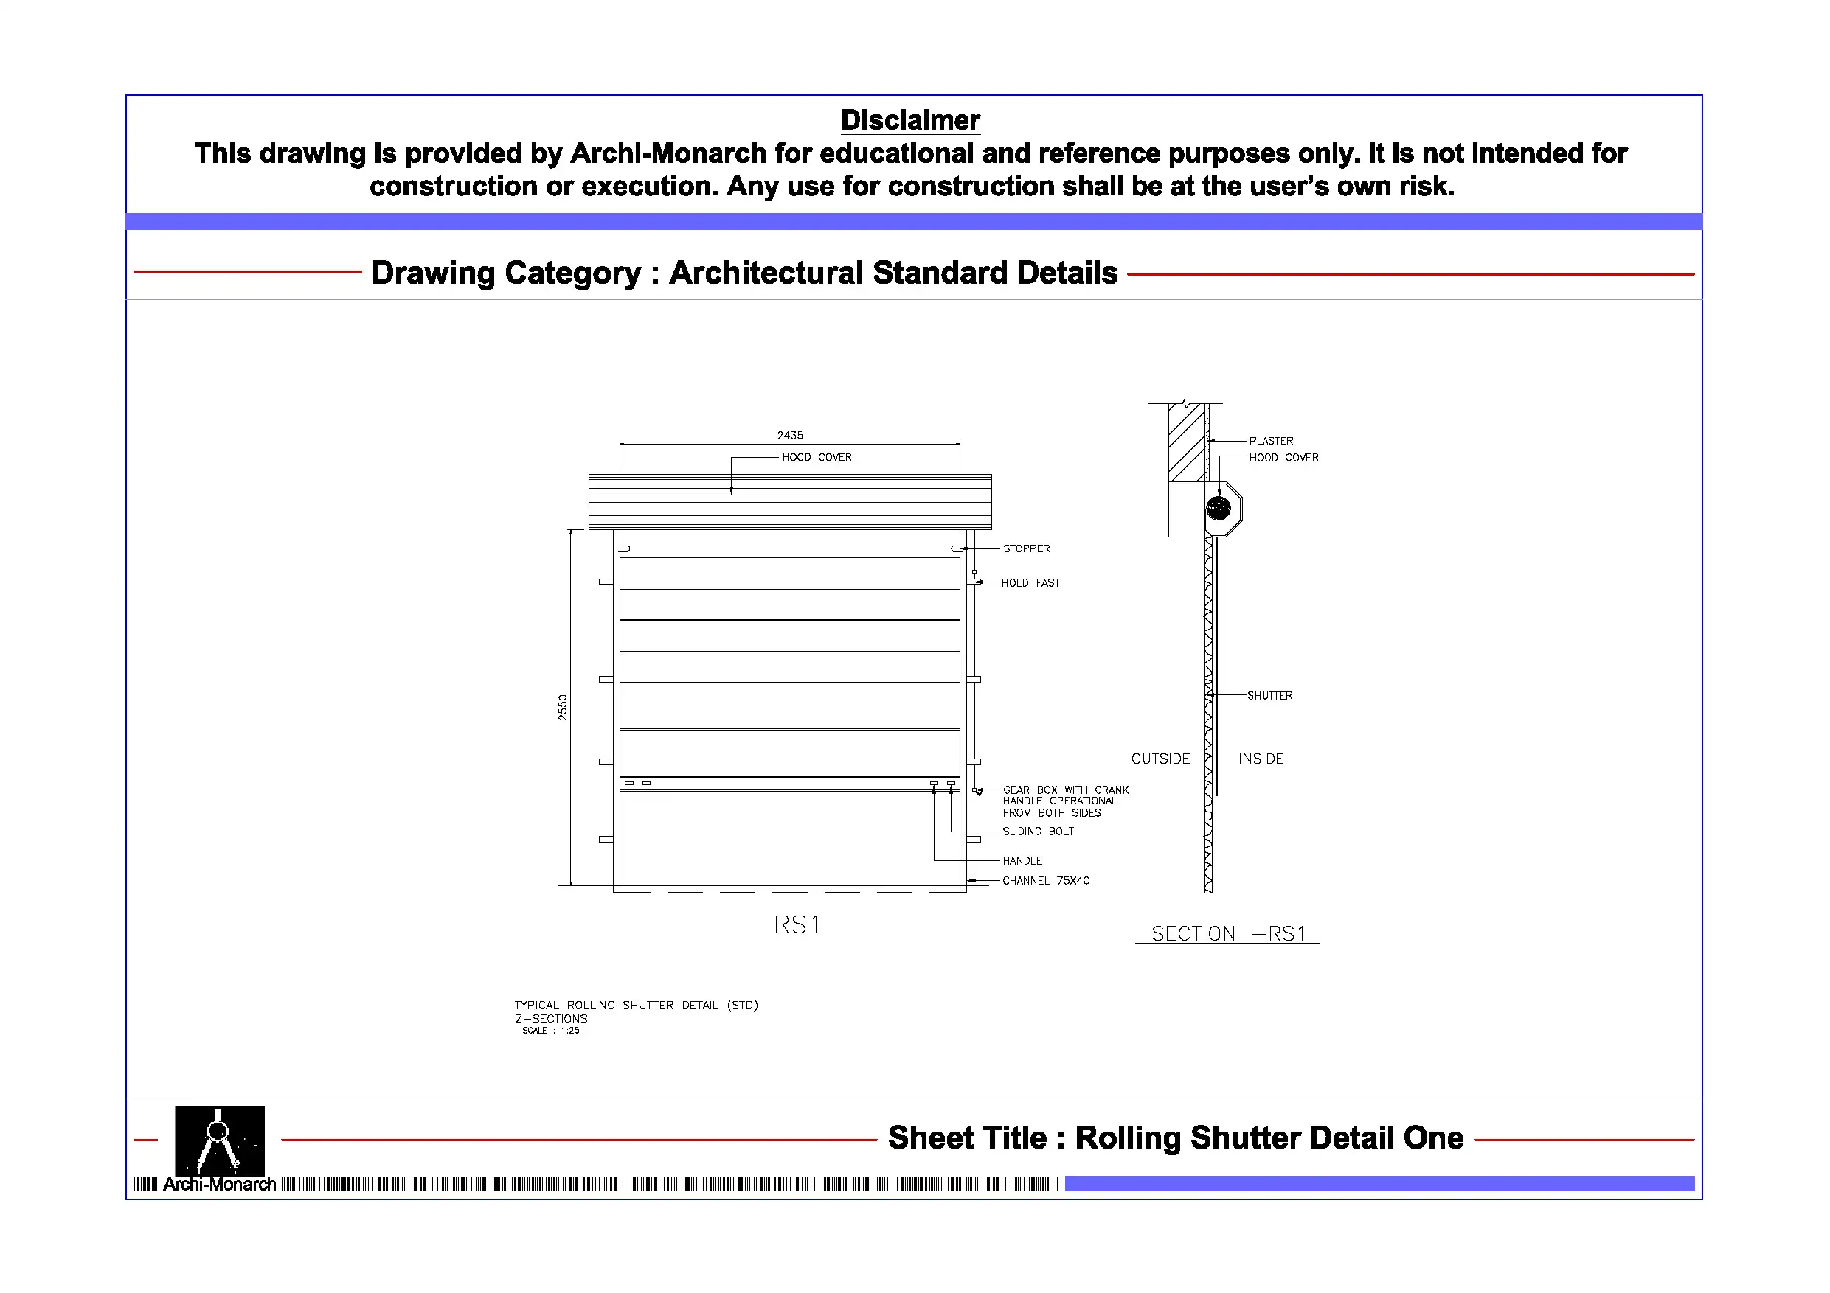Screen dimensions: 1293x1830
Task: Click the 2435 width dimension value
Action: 789,435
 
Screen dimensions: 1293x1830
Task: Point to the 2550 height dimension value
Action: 562,708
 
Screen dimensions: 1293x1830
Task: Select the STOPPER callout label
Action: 1026,548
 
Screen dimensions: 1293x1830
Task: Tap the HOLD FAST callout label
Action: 1030,582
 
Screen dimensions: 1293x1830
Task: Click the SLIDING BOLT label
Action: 1038,831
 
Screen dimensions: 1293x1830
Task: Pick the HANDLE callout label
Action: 1022,860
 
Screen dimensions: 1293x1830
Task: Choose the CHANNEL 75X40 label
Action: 1045,880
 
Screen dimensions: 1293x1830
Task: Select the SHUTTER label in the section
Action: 1269,695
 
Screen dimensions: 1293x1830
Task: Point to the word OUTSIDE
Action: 1160,759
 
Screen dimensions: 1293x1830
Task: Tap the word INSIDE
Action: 1260,759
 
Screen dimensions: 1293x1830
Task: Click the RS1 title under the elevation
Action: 796,924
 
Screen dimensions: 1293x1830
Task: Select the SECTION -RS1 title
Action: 1227,933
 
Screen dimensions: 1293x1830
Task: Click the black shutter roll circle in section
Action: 1218,507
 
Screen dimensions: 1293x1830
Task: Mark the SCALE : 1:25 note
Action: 550,1030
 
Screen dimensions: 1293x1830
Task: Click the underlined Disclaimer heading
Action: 910,120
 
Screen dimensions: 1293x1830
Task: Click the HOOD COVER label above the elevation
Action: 817,457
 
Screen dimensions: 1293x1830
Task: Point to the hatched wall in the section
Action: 1186,442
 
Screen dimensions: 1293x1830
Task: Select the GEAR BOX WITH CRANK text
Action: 1065,790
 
